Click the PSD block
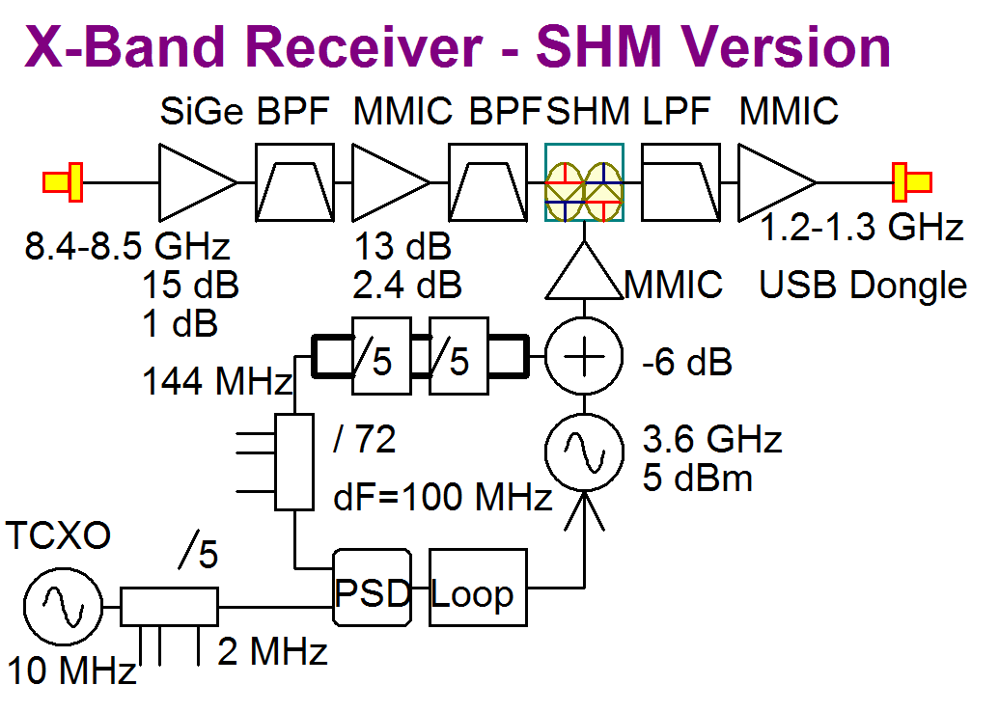pos(373,589)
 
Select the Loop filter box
pos(479,589)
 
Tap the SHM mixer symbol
pos(584,182)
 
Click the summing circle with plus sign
pos(584,359)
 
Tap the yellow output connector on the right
pos(911,182)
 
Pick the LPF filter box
pos(680,182)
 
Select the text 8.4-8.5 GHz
pos(127,247)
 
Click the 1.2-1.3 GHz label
pos(861,229)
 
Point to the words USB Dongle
pos(862,285)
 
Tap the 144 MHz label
pos(217,383)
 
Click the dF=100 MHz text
pos(441,498)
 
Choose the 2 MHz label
pos(272,653)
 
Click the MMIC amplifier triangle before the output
pos(777,182)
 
